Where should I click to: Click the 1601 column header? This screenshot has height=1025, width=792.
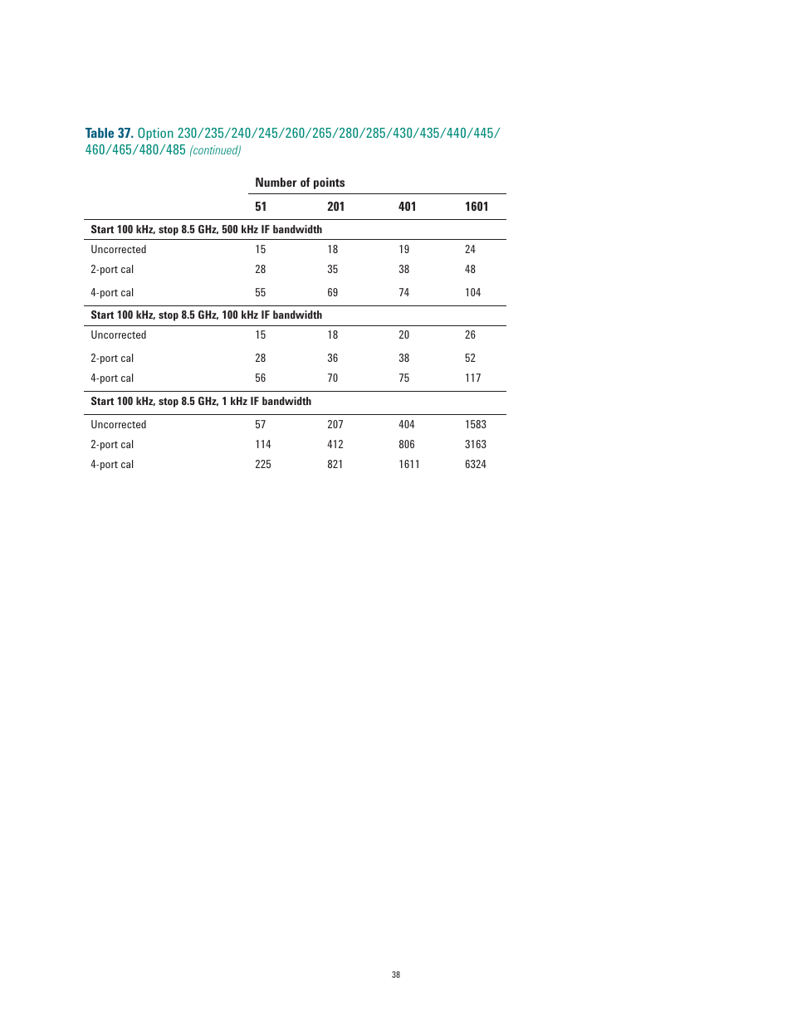(x=476, y=207)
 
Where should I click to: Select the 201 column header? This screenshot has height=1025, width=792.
(x=335, y=207)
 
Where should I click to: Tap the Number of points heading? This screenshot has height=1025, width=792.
(x=300, y=183)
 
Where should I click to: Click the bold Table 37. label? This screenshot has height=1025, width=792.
(x=109, y=133)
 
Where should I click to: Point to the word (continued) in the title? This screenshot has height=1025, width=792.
(x=215, y=150)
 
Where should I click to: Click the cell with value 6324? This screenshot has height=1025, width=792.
(x=475, y=465)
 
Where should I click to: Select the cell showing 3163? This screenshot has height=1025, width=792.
(x=475, y=445)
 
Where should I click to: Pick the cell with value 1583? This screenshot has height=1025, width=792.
(x=475, y=425)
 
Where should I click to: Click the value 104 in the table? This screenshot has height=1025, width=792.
(x=472, y=293)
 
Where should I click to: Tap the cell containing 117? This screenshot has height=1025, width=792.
(x=472, y=378)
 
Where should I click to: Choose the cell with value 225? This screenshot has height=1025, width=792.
(x=262, y=465)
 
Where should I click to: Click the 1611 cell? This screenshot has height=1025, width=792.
(x=408, y=465)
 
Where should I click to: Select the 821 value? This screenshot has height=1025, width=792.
(x=335, y=465)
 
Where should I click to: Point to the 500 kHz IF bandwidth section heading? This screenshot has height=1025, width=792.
(x=206, y=230)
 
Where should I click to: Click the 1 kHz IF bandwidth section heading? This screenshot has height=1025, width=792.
(x=201, y=402)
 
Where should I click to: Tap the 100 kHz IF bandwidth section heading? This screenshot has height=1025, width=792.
(x=206, y=315)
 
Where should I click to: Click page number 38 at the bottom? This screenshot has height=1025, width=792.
(x=396, y=974)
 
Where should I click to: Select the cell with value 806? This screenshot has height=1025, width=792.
(x=406, y=445)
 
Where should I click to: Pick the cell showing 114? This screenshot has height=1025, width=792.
(x=262, y=445)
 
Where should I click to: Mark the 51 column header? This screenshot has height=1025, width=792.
(x=261, y=207)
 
